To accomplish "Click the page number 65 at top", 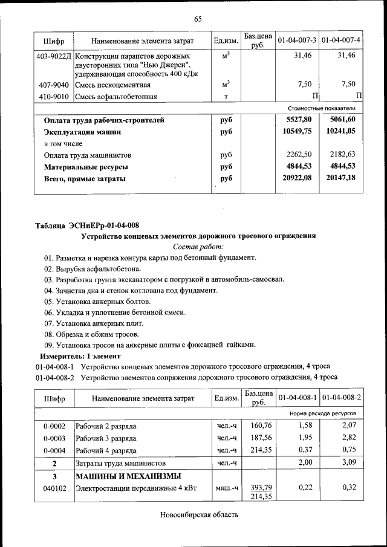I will pyautogui.click(x=197, y=19).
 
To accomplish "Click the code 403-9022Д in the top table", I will pyautogui.click(x=54, y=56).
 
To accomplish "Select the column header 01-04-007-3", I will pyautogui.click(x=297, y=40).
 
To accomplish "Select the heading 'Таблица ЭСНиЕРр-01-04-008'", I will pyautogui.click(x=87, y=225).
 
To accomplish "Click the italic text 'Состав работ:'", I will pyautogui.click(x=198, y=247).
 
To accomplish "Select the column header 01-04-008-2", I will pyautogui.click(x=341, y=398).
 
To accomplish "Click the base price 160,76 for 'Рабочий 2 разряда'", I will pyautogui.click(x=258, y=427).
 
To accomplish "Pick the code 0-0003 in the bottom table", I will pyautogui.click(x=54, y=438).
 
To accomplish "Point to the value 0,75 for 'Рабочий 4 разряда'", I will pyautogui.click(x=349, y=450).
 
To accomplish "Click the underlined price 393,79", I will pyautogui.click(x=258, y=487).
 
